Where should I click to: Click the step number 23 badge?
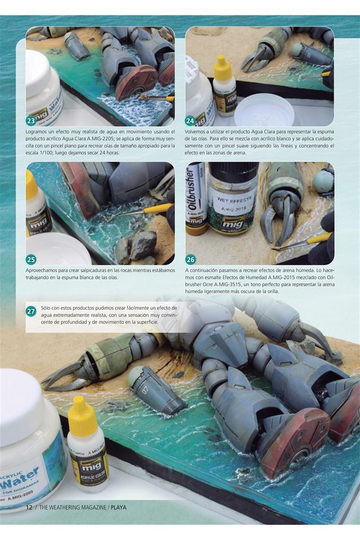click(31, 120)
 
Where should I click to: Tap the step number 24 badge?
click(190, 120)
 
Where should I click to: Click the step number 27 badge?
click(31, 311)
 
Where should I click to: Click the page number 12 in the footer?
click(29, 507)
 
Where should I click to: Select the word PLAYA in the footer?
click(118, 507)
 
